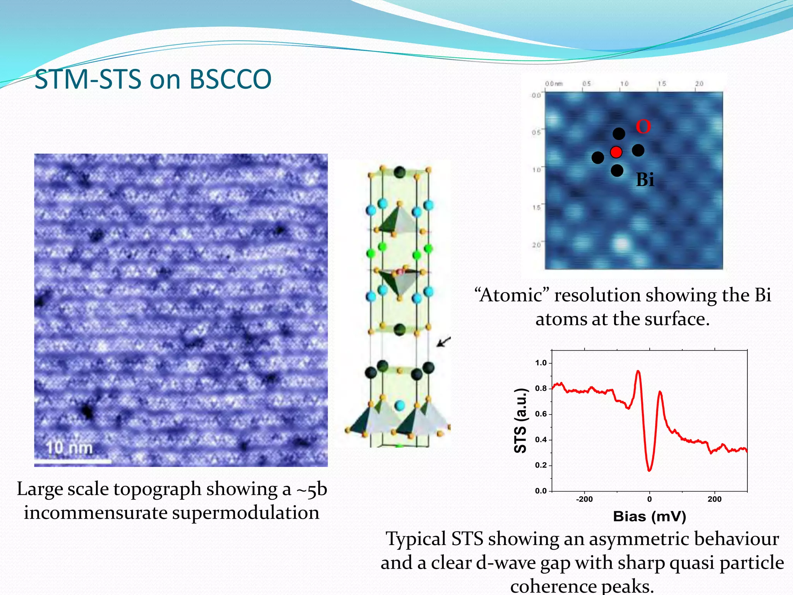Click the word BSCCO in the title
tap(230, 79)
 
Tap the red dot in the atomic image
tap(616, 152)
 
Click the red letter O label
tap(643, 127)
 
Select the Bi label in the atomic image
tap(645, 180)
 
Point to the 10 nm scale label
tap(70, 448)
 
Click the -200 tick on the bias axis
tap(584, 499)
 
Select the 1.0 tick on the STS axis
tap(541, 363)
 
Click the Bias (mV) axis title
tap(649, 516)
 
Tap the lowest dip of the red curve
tap(649, 470)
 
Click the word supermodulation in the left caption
tap(246, 513)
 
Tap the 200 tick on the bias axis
tap(714, 499)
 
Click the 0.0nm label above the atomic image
tap(554, 84)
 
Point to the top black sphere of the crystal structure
tap(400, 172)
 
